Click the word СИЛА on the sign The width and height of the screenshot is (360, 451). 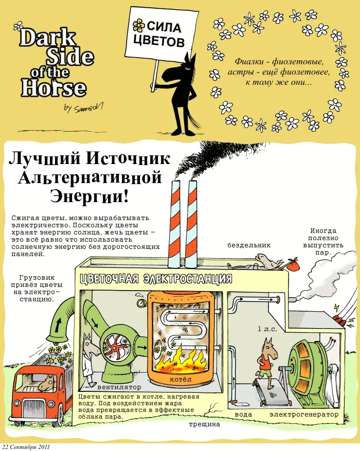[x=164, y=27]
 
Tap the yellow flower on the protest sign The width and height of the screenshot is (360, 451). [x=139, y=25]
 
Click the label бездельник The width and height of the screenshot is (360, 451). [x=249, y=245]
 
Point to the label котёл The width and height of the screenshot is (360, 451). [x=181, y=380]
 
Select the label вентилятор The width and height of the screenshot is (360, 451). [x=119, y=387]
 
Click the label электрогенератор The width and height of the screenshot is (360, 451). [x=304, y=414]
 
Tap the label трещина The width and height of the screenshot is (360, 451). [x=205, y=424]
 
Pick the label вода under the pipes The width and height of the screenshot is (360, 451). [x=243, y=414]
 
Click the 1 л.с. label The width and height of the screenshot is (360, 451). [x=267, y=329]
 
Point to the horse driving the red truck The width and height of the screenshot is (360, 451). [x=46, y=383]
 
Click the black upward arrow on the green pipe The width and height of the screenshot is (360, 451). [x=59, y=323]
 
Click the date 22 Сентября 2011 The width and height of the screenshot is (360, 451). [x=26, y=447]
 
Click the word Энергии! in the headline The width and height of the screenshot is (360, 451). [x=89, y=196]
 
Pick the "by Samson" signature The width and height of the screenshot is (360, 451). [x=83, y=108]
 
